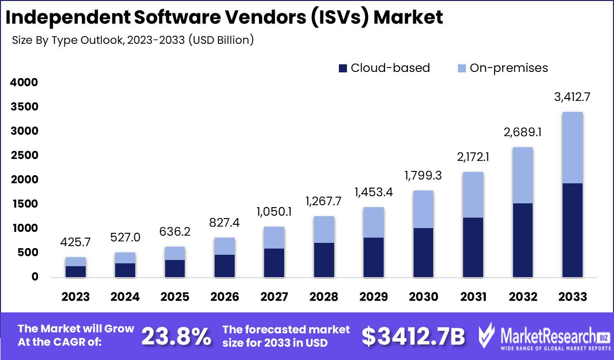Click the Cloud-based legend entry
pyautogui.click(x=385, y=68)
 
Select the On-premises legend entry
pyautogui.click(x=503, y=68)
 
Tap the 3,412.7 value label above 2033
pyautogui.click(x=572, y=98)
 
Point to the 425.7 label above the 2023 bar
pyautogui.click(x=76, y=243)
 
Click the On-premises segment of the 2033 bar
pyautogui.click(x=572, y=148)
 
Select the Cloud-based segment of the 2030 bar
pyautogui.click(x=424, y=252)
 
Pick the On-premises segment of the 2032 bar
pyautogui.click(x=523, y=175)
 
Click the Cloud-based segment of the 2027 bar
pyautogui.click(x=274, y=262)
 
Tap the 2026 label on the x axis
pyautogui.click(x=225, y=297)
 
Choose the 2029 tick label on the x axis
pyautogui.click(x=374, y=297)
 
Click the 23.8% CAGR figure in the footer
pyautogui.click(x=177, y=336)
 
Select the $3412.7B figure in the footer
pyautogui.click(x=413, y=336)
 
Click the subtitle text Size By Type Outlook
pyautogui.click(x=67, y=40)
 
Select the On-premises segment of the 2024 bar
pyautogui.click(x=125, y=258)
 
